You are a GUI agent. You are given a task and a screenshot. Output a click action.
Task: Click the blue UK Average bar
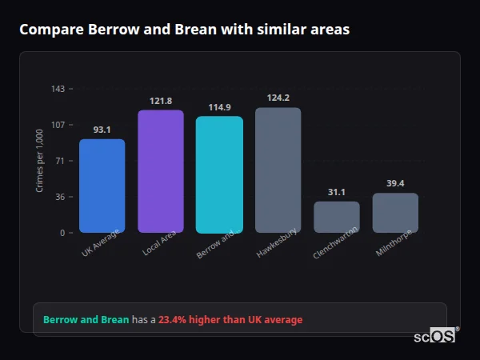tap(102, 186)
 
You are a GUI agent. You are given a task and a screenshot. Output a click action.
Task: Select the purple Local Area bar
tap(161, 171)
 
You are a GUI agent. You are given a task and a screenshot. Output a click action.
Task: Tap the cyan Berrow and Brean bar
tap(219, 174)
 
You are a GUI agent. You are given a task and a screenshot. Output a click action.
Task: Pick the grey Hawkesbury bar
tap(278, 170)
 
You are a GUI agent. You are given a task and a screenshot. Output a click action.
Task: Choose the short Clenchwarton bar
tap(337, 217)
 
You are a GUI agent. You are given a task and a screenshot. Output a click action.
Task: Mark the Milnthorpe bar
tap(395, 213)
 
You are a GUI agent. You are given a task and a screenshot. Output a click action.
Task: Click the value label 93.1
tap(102, 130)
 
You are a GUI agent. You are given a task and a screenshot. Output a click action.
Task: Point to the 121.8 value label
tap(161, 101)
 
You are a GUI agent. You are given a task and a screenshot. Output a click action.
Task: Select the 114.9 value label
tap(219, 107)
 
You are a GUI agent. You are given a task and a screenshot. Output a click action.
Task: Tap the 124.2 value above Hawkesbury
tap(278, 98)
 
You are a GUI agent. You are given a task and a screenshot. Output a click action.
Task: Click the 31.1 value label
tap(337, 192)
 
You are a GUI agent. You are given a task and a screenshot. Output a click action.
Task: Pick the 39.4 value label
tap(395, 183)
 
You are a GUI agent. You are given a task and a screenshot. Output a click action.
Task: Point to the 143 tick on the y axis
tap(58, 89)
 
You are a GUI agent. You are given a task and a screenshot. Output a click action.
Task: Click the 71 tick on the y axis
tap(60, 161)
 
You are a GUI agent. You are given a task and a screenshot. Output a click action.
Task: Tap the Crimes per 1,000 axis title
tap(40, 161)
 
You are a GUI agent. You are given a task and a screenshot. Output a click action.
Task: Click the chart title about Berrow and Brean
tap(184, 30)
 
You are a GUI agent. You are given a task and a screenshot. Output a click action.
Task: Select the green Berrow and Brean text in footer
tap(86, 320)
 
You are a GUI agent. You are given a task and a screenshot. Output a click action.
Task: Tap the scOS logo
tap(435, 336)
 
